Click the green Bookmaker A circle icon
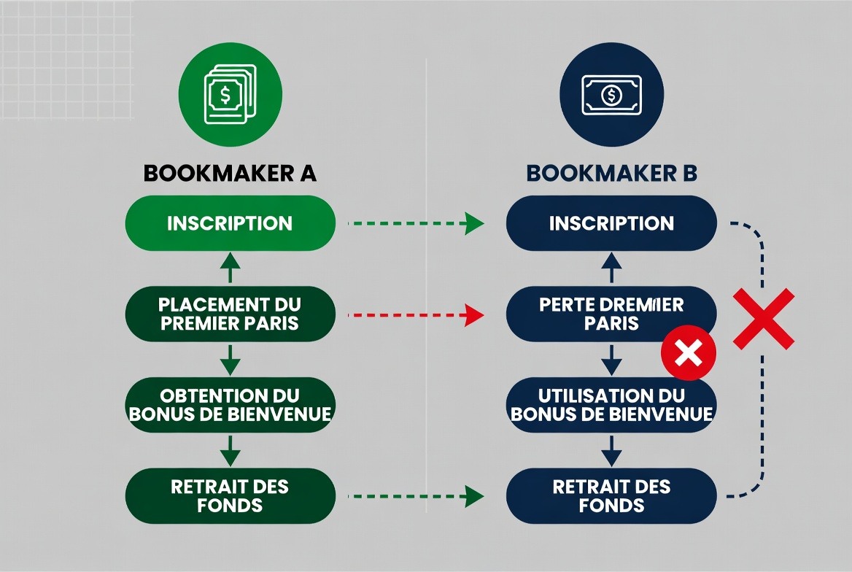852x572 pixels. coord(230,95)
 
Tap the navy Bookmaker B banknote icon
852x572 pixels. coord(611,95)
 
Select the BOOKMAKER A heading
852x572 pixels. coord(230,173)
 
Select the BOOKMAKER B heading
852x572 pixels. coord(611,173)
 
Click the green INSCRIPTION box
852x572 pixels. coord(230,223)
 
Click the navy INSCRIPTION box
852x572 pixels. coord(611,223)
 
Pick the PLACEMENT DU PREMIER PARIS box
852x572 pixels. coord(230,314)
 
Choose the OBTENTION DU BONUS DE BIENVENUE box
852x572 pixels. coord(230,405)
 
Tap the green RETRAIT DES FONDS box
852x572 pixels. coord(230,495)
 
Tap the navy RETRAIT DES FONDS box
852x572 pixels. coord(611,495)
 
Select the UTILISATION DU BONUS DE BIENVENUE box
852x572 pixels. coord(611,405)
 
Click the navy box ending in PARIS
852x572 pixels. coord(611,314)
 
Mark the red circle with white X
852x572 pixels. coord(688,354)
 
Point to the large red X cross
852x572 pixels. coord(763,317)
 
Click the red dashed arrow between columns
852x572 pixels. coord(416,315)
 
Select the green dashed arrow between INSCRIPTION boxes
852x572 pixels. coord(416,224)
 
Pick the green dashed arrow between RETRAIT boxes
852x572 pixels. coord(416,497)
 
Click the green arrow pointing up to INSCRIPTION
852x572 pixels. coord(230,268)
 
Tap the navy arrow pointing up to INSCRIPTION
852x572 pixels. coord(611,268)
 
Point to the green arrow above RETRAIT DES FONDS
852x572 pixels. coord(230,450)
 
